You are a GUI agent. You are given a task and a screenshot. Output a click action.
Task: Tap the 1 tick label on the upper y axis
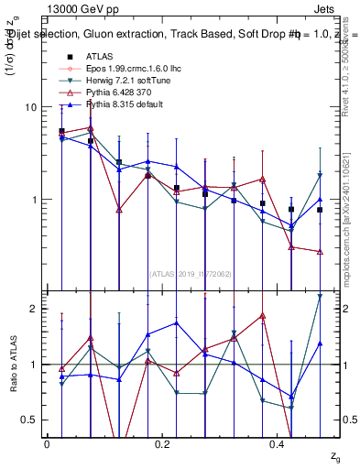tap(29, 200)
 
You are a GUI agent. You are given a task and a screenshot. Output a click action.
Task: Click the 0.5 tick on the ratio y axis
tap(26, 420)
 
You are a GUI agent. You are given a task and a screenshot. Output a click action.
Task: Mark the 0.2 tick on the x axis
tap(163, 444)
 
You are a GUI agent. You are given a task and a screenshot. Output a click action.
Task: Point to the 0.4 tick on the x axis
tap(279, 444)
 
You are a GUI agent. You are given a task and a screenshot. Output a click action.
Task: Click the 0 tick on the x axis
tap(47, 444)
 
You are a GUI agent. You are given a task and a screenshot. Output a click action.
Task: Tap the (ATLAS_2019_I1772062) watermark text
tap(191, 273)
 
